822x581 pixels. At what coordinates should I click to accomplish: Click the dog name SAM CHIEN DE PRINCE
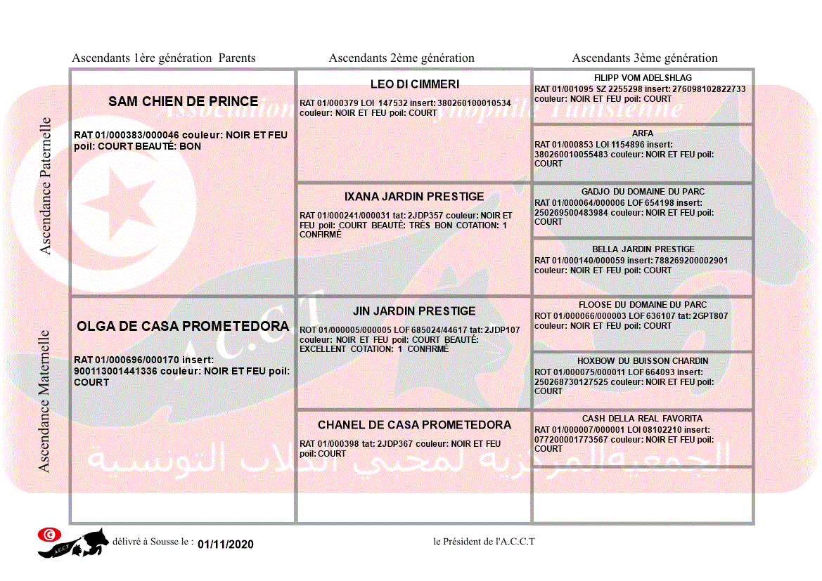(x=183, y=102)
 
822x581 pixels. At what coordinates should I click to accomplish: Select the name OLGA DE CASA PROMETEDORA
(x=183, y=327)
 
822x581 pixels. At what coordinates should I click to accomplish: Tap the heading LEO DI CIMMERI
(x=414, y=84)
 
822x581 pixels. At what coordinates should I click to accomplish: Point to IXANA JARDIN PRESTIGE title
(x=414, y=197)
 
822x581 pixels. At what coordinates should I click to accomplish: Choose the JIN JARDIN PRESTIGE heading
(x=414, y=311)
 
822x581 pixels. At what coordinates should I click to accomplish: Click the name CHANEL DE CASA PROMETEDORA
(x=414, y=425)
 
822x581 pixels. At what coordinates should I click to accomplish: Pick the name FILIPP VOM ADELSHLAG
(x=643, y=78)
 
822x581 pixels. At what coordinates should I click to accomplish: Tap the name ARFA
(x=643, y=133)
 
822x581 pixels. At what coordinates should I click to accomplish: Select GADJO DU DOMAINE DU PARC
(x=643, y=192)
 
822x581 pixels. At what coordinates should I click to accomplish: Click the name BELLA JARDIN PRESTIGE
(x=643, y=249)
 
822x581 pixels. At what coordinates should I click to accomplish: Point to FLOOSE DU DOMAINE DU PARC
(x=643, y=305)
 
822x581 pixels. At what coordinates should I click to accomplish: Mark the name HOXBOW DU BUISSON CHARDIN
(x=643, y=361)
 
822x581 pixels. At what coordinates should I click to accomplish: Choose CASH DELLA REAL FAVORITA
(x=643, y=419)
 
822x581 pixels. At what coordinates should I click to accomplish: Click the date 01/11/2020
(x=226, y=544)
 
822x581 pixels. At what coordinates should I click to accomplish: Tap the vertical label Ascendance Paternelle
(x=46, y=185)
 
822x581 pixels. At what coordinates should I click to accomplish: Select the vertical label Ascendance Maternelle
(x=44, y=400)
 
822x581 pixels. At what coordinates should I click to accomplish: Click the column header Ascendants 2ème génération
(x=402, y=58)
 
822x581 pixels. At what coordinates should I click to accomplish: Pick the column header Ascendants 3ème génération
(x=645, y=58)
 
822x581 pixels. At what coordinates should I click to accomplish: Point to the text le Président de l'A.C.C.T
(x=484, y=542)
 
